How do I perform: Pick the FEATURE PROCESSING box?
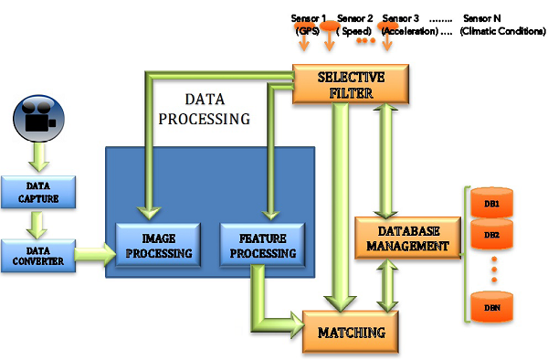click(255, 246)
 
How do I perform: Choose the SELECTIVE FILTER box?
click(352, 83)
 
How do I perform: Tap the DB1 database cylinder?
click(491, 203)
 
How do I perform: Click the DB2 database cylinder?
click(491, 236)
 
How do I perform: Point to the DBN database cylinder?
click(491, 308)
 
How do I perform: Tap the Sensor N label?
click(482, 17)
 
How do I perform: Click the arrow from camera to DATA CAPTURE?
click(37, 157)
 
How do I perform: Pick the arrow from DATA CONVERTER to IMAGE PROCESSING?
click(90, 250)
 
